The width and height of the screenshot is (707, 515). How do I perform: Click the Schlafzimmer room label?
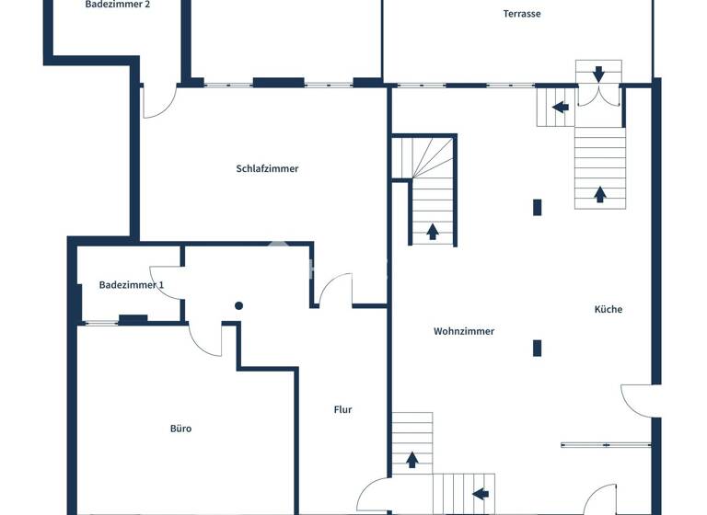[267, 168]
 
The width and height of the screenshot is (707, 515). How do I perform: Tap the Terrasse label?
[521, 14]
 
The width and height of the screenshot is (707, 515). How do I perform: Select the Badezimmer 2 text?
[118, 5]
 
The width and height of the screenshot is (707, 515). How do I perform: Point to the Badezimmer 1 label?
[131, 285]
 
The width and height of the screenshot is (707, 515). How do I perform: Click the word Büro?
[180, 428]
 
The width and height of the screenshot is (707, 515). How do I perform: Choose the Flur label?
[342, 410]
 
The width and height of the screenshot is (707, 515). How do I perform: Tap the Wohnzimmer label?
[464, 331]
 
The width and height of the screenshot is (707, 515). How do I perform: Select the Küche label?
[608, 309]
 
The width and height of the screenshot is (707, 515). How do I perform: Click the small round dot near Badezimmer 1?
[238, 305]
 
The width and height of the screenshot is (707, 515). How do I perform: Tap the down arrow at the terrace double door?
[599, 73]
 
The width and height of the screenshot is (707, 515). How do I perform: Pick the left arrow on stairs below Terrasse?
[560, 107]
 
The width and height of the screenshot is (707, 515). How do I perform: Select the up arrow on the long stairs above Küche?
[600, 193]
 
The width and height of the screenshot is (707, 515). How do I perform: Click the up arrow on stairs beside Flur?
[411, 458]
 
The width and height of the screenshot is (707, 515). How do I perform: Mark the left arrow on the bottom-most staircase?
[480, 494]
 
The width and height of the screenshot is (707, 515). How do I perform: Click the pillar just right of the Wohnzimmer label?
[538, 348]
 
